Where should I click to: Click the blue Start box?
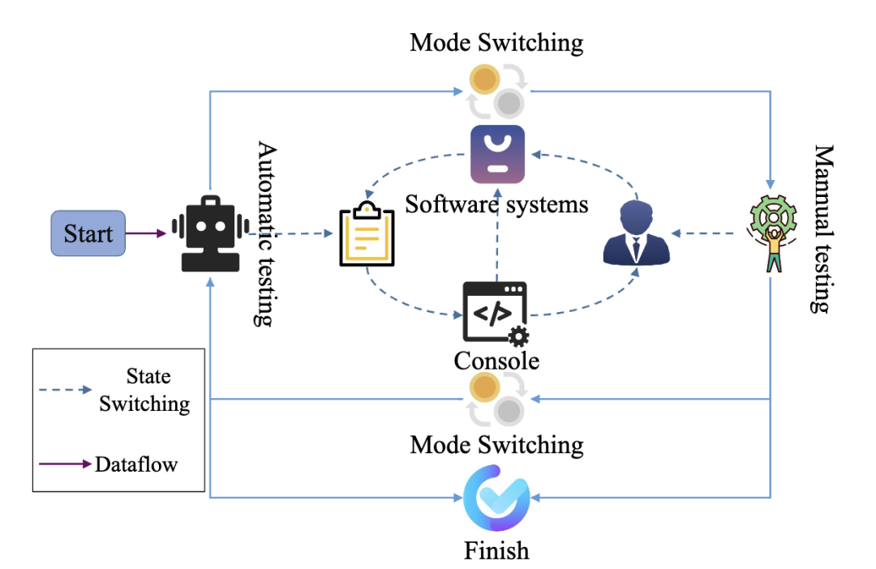[88, 233]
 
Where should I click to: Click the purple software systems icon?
[497, 154]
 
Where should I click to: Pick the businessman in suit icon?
[637, 234]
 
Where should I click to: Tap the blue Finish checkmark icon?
[496, 497]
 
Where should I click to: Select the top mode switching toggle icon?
[496, 91]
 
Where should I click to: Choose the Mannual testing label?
[822, 229]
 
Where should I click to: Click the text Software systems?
[496, 203]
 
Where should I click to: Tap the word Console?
[496, 359]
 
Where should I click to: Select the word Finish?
[496, 551]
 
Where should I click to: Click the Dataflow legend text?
[135, 464]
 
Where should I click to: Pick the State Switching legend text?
[145, 390]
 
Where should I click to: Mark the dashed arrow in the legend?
[65, 390]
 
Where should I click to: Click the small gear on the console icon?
[517, 335]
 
